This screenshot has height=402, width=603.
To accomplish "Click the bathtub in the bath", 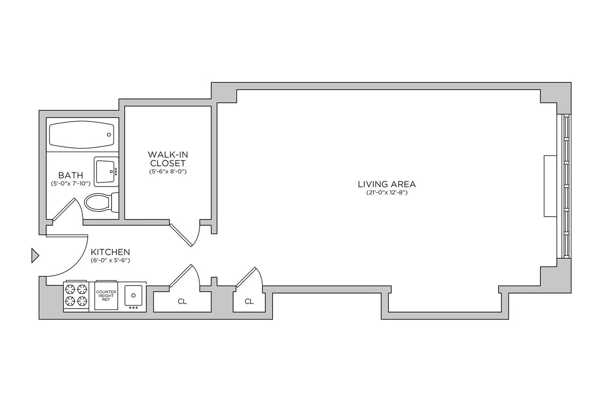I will pos(82,134).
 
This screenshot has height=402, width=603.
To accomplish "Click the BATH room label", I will pos(67,175).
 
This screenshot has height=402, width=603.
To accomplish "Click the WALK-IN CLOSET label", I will pos(167,159).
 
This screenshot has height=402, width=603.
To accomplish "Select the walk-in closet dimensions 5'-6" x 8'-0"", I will pos(167,172).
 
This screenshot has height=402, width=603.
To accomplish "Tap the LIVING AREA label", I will pos(386,184).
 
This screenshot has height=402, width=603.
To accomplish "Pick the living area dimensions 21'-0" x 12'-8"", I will pos(386,192).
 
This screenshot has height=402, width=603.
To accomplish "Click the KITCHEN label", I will pos(110,252).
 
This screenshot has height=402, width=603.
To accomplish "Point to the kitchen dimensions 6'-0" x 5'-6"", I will pos(110,260).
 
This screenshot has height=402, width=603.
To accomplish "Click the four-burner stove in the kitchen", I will pos(76,295).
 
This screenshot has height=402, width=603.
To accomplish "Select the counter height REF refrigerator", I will pos(106,295).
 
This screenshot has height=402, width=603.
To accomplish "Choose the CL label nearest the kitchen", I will pos(182,302).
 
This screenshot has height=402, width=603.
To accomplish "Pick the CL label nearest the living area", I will pos(249,302).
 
